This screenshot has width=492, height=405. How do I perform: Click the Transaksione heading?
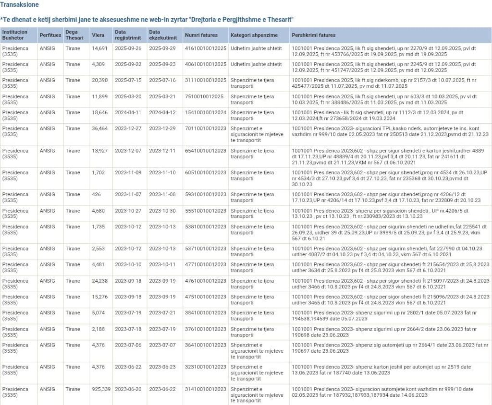[20, 4]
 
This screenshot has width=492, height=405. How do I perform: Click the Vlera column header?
[98, 35]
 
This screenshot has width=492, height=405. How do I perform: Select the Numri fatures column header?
[201, 35]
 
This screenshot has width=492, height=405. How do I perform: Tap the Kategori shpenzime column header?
[254, 35]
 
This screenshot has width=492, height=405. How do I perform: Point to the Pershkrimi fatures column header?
[314, 35]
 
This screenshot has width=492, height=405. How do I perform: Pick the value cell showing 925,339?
[101, 389]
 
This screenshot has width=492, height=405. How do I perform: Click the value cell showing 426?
[96, 194]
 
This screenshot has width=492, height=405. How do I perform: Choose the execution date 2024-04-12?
[162, 113]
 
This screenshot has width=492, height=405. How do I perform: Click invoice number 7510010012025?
[204, 96]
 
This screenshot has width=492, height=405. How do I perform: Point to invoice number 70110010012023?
[206, 129]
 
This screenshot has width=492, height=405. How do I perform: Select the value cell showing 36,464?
[100, 129]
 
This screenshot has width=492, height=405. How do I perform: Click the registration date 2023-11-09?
[128, 173]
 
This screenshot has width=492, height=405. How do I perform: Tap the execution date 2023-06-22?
[162, 389]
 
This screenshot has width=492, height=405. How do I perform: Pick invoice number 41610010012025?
[206, 48]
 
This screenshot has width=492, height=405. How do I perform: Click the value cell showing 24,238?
[100, 281]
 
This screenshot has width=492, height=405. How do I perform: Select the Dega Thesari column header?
[74, 35]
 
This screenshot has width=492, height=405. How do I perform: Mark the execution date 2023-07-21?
[162, 313]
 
